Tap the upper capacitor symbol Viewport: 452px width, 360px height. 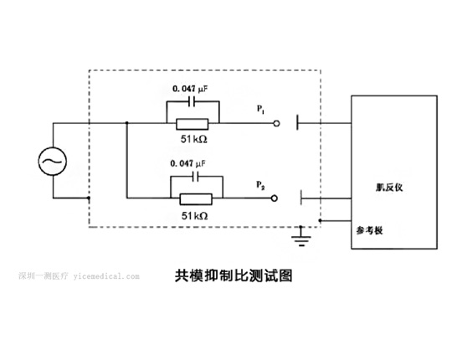click(x=192, y=101)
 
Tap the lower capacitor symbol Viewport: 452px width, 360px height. click(x=195, y=177)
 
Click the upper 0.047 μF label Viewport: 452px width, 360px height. click(x=190, y=89)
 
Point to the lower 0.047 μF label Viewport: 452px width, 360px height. click(x=188, y=164)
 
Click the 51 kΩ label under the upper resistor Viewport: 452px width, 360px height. click(x=193, y=139)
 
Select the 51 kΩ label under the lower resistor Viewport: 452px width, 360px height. click(x=194, y=216)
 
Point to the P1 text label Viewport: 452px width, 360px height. click(x=260, y=110)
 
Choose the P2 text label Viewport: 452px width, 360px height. click(x=260, y=185)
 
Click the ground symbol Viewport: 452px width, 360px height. click(x=301, y=237)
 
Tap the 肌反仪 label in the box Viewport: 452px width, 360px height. click(x=389, y=188)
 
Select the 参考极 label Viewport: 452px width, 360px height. click(x=370, y=230)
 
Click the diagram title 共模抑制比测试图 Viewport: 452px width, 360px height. click(x=234, y=275)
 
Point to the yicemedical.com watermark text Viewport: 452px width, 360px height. click(x=106, y=276)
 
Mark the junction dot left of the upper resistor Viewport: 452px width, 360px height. click(x=127, y=123)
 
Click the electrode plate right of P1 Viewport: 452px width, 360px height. click(x=297, y=122)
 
